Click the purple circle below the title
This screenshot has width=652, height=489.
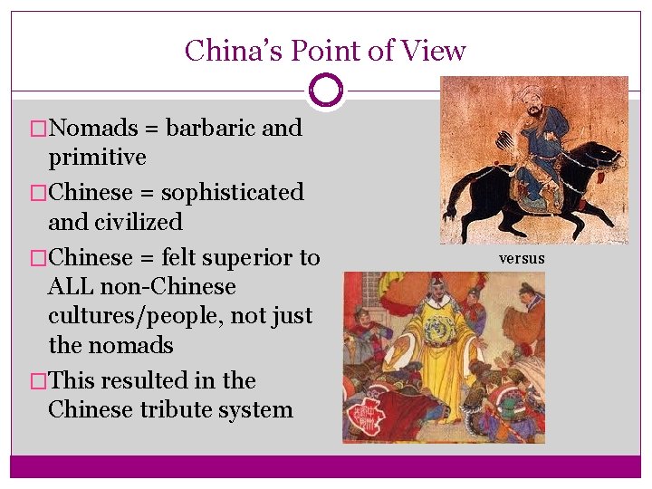point(325,91)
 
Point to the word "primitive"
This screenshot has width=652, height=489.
point(97,158)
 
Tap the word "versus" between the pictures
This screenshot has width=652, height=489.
point(522,258)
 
